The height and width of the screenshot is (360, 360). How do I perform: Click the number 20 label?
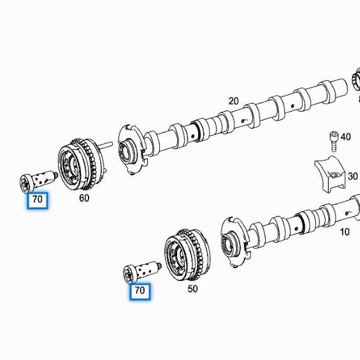[233, 101]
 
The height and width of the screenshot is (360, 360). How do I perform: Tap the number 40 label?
[345, 136]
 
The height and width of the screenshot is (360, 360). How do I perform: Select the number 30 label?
[352, 176]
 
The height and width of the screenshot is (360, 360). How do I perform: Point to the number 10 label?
[344, 232]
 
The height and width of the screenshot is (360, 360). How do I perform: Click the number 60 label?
[84, 198]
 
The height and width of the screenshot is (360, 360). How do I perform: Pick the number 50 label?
[192, 289]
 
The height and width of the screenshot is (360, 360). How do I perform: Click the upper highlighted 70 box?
[38, 199]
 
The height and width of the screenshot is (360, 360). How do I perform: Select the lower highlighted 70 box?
[140, 291]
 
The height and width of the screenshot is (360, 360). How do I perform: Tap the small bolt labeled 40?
[331, 138]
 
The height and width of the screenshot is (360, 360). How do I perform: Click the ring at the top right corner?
[356, 82]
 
